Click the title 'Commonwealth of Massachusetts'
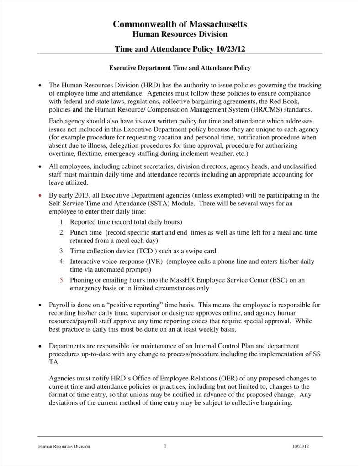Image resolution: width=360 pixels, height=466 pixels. pyautogui.click(x=180, y=24)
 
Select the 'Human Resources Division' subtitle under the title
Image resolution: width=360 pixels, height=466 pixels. pyautogui.click(x=180, y=34)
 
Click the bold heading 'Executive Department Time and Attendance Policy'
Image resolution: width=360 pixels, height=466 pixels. pyautogui.click(x=180, y=68)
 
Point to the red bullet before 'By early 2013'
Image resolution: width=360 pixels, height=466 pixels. pyautogui.click(x=40, y=195)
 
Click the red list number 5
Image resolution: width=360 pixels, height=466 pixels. pyautogui.click(x=62, y=280)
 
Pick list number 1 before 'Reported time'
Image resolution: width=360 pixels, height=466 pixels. pyautogui.click(x=62, y=222)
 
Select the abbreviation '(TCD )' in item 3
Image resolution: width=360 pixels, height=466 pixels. pyautogui.click(x=143, y=251)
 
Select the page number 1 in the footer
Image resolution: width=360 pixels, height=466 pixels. pyautogui.click(x=165, y=446)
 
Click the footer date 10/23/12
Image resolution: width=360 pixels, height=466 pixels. pyautogui.click(x=301, y=447)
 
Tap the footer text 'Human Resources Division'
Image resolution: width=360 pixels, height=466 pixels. pyautogui.click(x=64, y=447)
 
